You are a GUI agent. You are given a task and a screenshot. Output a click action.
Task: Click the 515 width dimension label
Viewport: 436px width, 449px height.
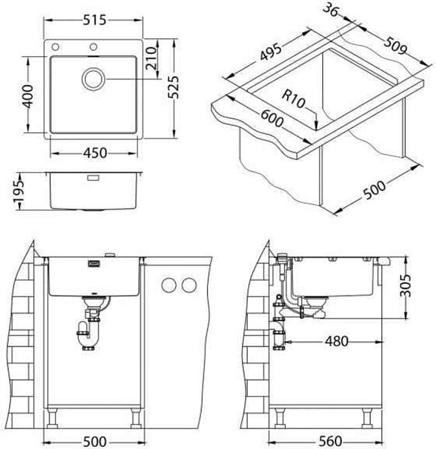(94, 20)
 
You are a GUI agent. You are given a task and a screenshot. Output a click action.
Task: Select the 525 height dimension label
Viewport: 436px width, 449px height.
(174, 88)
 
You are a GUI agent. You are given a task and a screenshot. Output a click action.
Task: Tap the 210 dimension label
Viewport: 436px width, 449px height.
(151, 58)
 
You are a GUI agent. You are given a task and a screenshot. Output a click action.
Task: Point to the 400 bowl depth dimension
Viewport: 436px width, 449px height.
(28, 96)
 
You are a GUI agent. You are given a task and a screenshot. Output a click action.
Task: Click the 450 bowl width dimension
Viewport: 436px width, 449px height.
(95, 153)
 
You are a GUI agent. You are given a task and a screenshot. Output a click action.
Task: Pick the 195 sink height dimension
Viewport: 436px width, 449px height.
(19, 192)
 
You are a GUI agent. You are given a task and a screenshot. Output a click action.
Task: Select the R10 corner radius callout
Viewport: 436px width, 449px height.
(293, 99)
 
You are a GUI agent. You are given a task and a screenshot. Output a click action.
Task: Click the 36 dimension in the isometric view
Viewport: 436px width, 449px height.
(331, 11)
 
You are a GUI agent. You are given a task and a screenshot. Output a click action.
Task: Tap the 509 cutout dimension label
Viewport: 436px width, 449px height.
(395, 46)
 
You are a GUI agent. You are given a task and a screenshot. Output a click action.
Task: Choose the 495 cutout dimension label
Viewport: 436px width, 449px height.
(271, 52)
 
